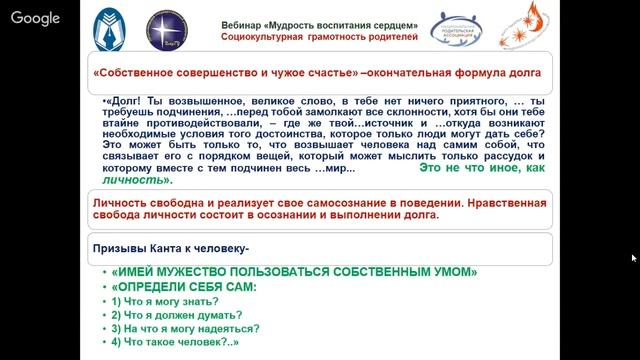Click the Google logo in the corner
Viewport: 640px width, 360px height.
tap(35, 18)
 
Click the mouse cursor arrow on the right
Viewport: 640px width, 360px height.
tap(633, 257)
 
